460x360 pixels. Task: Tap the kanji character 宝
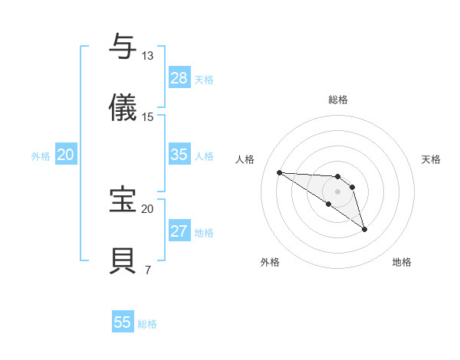(x=123, y=199)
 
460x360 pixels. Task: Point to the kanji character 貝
(x=123, y=260)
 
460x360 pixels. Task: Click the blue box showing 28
(x=179, y=78)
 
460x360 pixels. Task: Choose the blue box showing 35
(x=179, y=155)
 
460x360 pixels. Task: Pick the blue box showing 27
(x=179, y=231)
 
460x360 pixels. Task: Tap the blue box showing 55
(x=123, y=322)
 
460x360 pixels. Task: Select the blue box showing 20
(x=66, y=155)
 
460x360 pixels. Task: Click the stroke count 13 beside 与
(x=147, y=56)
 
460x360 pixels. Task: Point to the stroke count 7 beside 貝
(x=147, y=270)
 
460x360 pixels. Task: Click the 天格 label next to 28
(x=204, y=79)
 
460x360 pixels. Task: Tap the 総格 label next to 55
(x=147, y=323)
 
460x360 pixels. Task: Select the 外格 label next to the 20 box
(x=41, y=155)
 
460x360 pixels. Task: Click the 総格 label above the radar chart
(x=337, y=100)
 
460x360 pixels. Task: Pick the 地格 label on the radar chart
(x=402, y=262)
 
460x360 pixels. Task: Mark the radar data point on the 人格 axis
(x=279, y=172)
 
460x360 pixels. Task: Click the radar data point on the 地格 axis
(x=364, y=228)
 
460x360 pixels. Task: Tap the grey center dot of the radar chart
(x=337, y=191)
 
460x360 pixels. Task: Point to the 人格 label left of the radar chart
(x=245, y=159)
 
